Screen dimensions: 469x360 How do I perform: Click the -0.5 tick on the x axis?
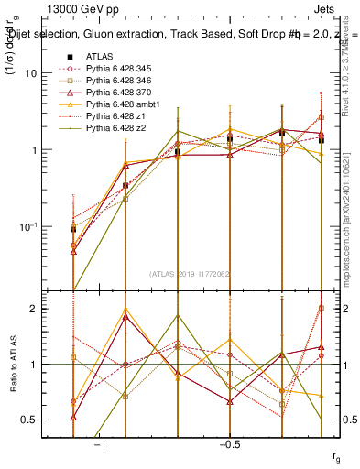[228, 443]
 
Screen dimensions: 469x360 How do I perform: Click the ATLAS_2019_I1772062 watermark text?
[190, 273]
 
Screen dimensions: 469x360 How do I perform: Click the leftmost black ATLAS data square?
[73, 228]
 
